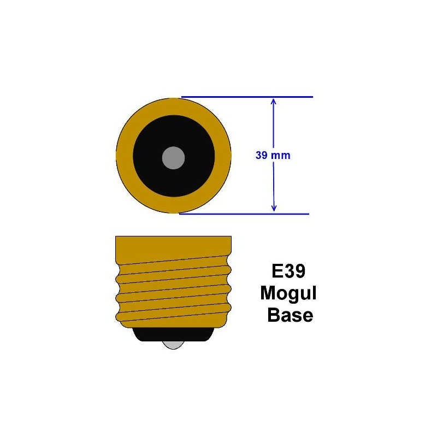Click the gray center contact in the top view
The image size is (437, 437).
tap(173, 158)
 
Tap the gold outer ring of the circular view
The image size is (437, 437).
tap(124, 158)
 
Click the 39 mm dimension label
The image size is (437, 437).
tap(273, 155)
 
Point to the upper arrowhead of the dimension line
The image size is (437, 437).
tap(274, 101)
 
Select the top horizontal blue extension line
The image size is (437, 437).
tap(246, 97)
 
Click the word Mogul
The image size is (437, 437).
tap(288, 293)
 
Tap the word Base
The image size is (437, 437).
tap(290, 315)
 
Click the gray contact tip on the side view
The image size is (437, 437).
tap(173, 345)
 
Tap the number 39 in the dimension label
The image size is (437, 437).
tap(262, 155)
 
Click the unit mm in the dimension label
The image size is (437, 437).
tap(281, 155)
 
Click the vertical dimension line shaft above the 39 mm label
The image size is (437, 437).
tap(274, 126)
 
